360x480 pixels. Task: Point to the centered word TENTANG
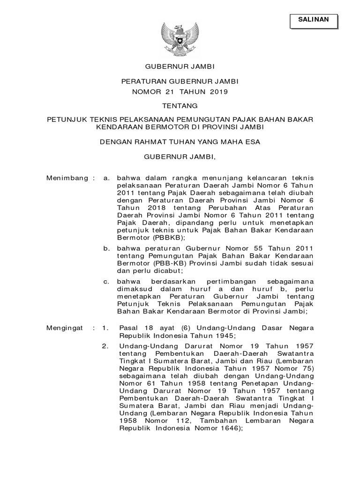coord(180,106)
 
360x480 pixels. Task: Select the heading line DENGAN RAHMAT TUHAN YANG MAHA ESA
coord(180,141)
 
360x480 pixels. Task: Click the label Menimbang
coord(67,178)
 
